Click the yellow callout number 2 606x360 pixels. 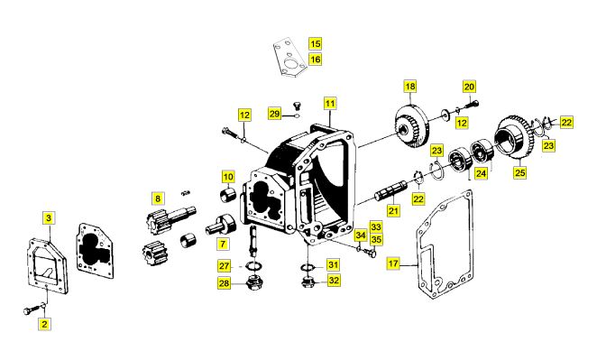tap(44, 324)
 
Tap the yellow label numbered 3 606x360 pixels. tap(49, 218)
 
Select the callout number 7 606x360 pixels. tap(223, 244)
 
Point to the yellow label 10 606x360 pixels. tap(228, 177)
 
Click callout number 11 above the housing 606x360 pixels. tap(330, 103)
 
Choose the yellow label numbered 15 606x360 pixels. tap(315, 43)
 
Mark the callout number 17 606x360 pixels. tap(393, 263)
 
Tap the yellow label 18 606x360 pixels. tap(410, 87)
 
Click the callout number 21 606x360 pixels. tap(393, 211)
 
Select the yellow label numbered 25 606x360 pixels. tap(519, 172)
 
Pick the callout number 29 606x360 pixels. tap(274, 114)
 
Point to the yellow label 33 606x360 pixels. tap(376, 227)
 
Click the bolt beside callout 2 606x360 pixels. tap(34, 309)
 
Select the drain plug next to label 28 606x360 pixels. tap(254, 283)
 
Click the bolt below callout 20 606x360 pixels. tap(473, 104)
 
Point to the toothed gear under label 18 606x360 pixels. tap(411, 125)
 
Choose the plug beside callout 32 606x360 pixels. tap(308, 282)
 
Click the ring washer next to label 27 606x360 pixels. tap(254, 266)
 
